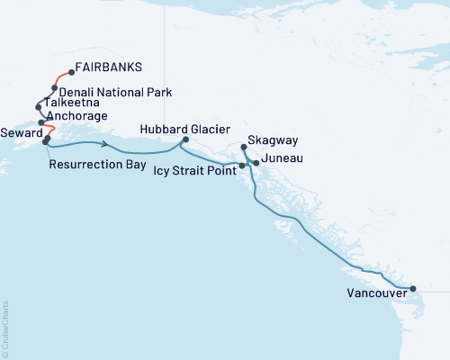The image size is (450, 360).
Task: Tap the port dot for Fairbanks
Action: tap(71, 72)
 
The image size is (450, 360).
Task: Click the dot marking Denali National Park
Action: tap(55, 88)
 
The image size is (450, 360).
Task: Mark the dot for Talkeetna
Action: tap(38, 107)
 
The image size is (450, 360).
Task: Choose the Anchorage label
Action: tap(78, 116)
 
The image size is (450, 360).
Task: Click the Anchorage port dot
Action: tap(41, 122)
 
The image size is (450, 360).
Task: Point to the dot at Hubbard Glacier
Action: tap(185, 139)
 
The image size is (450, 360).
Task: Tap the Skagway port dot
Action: tap(244, 146)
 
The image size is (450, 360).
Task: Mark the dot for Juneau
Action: tap(257, 163)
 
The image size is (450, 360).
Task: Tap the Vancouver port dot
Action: tap(413, 289)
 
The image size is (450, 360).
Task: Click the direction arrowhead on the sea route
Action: tap(107, 145)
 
